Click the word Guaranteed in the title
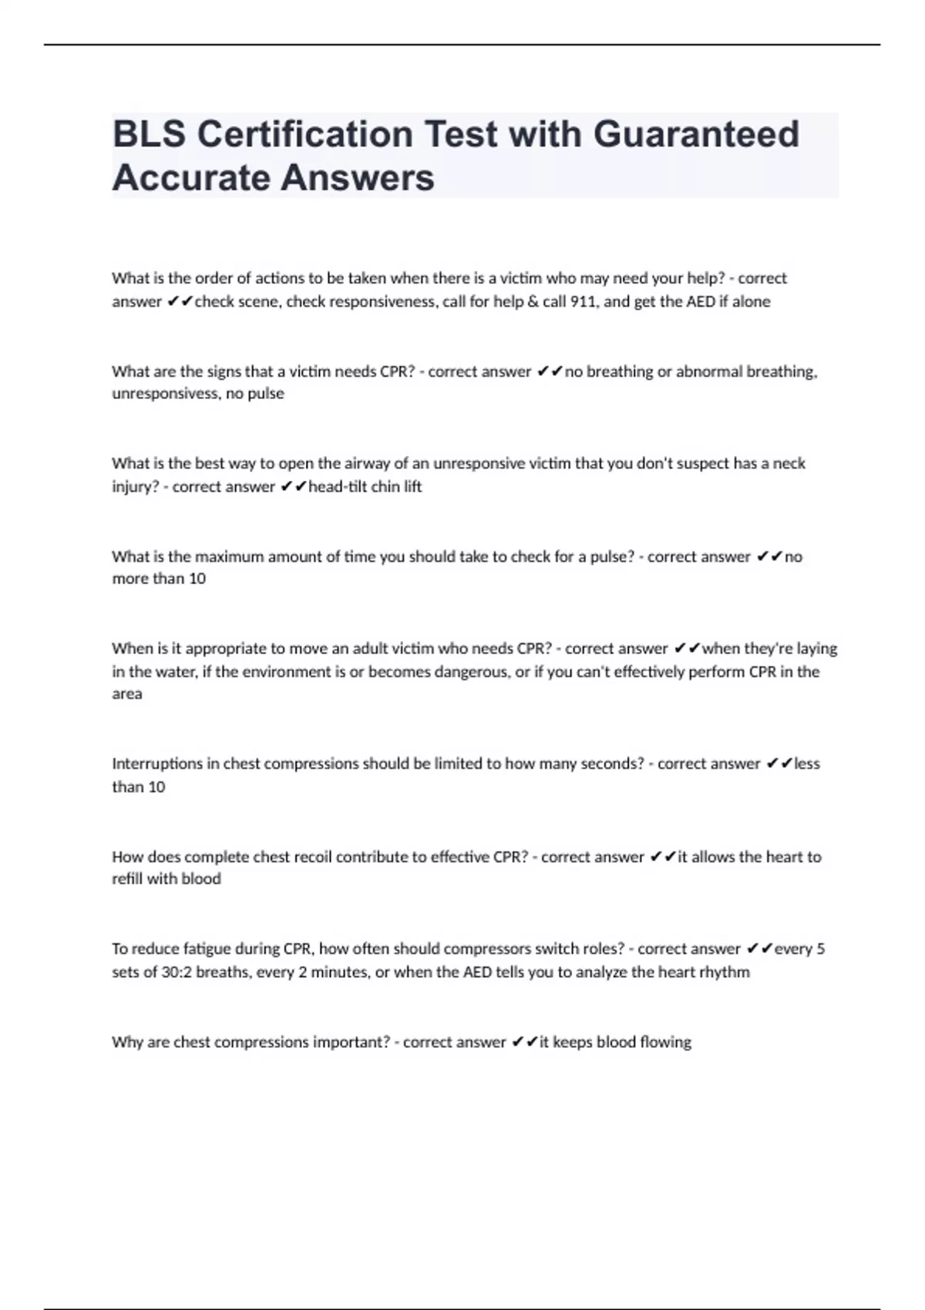click(695, 134)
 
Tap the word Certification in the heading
click(305, 134)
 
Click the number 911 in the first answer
click(582, 301)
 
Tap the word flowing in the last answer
click(665, 1042)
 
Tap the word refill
click(126, 879)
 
